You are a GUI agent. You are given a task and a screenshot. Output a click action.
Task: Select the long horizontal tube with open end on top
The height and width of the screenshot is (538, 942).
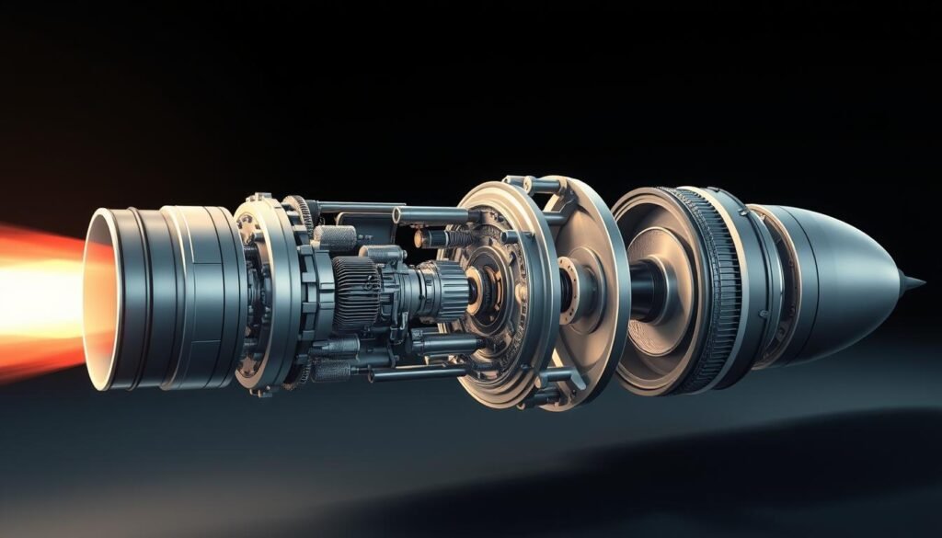[x=432, y=216]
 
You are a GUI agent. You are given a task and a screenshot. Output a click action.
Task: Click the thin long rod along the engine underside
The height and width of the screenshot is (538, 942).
[x=414, y=373]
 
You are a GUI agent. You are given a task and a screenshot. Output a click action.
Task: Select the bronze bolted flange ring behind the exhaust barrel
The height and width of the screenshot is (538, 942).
[x=262, y=294]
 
